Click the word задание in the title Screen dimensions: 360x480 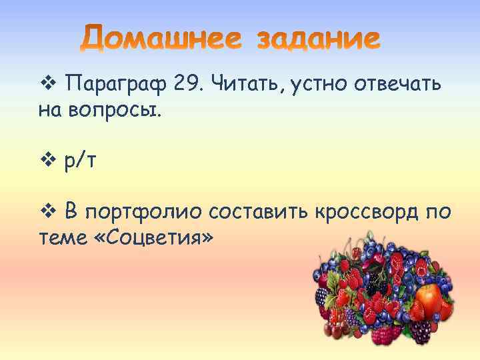click(319, 39)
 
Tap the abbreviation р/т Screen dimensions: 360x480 click(81, 163)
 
